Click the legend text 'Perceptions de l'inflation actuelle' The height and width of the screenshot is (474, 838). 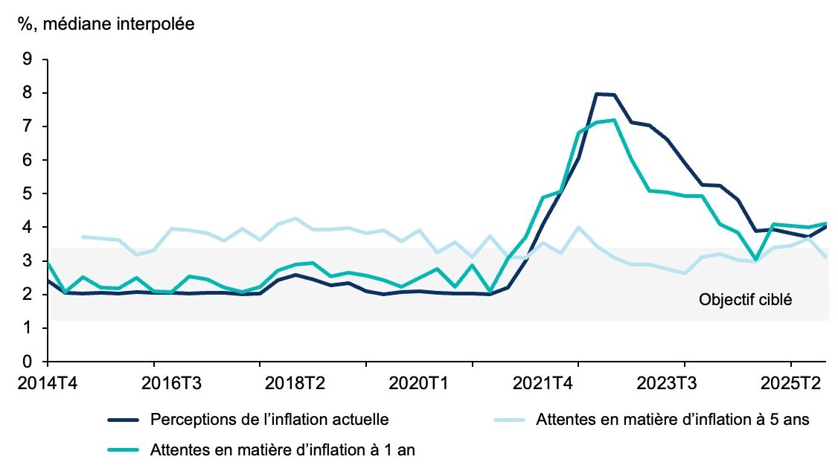coord(269,420)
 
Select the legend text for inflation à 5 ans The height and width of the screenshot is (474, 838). coord(672,420)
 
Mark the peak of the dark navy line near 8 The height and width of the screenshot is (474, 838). coord(597,94)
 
